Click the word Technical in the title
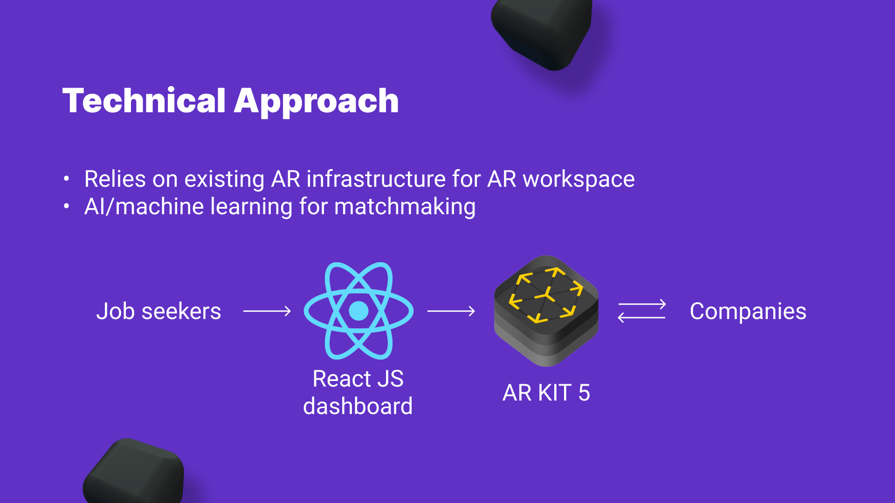144,101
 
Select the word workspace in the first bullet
578,179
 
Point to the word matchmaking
405,207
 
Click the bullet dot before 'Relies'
67,178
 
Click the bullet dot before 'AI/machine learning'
67,206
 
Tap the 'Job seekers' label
158,311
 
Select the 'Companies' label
748,311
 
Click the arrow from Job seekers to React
267,311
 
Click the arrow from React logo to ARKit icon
451,311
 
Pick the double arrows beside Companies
641,311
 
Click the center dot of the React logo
358,311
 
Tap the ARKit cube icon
546,311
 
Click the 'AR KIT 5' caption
546,393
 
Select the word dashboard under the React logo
358,406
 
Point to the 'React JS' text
358,379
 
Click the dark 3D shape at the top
544,33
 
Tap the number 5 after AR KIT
584,393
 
